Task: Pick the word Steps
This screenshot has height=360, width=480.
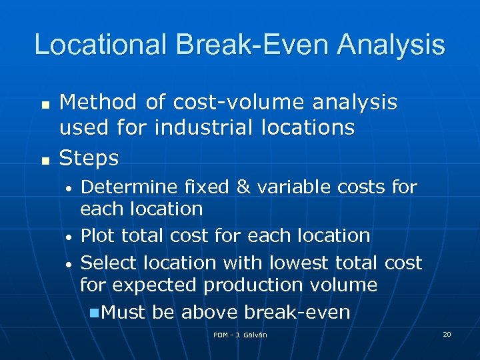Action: tap(89, 158)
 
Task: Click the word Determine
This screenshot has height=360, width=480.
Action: tap(127, 187)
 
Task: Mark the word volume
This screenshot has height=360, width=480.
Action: tap(345, 285)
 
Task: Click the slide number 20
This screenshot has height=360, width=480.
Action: tap(447, 333)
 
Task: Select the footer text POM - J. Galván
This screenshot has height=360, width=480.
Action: tap(240, 335)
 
